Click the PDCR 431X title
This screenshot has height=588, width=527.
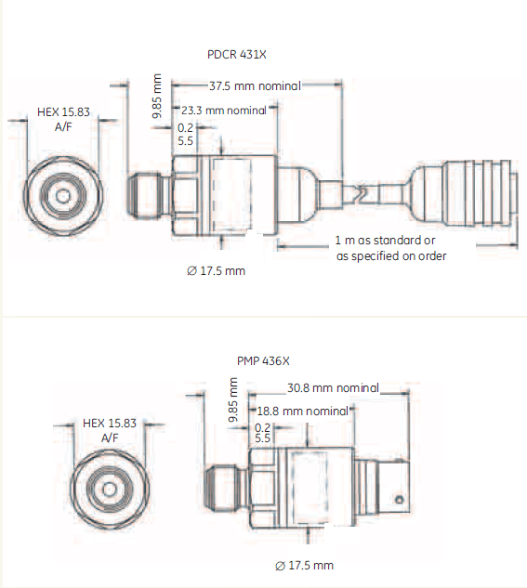tap(237, 55)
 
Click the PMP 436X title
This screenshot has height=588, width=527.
tap(263, 360)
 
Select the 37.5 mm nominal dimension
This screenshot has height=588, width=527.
tap(255, 85)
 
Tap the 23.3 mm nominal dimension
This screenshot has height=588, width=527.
tap(224, 111)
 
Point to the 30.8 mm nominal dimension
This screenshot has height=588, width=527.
tap(333, 387)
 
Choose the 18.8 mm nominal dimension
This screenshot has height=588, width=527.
tap(303, 411)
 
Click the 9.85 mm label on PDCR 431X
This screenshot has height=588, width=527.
tap(157, 96)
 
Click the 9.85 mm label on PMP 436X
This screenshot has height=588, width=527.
tap(233, 399)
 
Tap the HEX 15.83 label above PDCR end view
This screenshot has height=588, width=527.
tap(63, 111)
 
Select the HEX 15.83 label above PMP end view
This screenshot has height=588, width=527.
tap(109, 423)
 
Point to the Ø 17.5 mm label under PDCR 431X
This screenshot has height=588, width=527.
tap(216, 270)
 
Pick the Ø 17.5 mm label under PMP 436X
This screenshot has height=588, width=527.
tap(304, 565)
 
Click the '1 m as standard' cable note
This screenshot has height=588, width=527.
tap(385, 240)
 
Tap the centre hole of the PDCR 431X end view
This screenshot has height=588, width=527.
tap(62, 196)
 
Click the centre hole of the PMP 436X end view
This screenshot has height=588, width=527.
tap(109, 490)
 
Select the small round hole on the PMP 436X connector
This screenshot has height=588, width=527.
tap(400, 500)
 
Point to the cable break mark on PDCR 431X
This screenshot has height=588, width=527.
tap(362, 193)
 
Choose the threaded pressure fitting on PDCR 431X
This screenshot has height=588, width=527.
tap(148, 195)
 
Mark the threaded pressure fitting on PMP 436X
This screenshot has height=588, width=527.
tap(226, 487)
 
